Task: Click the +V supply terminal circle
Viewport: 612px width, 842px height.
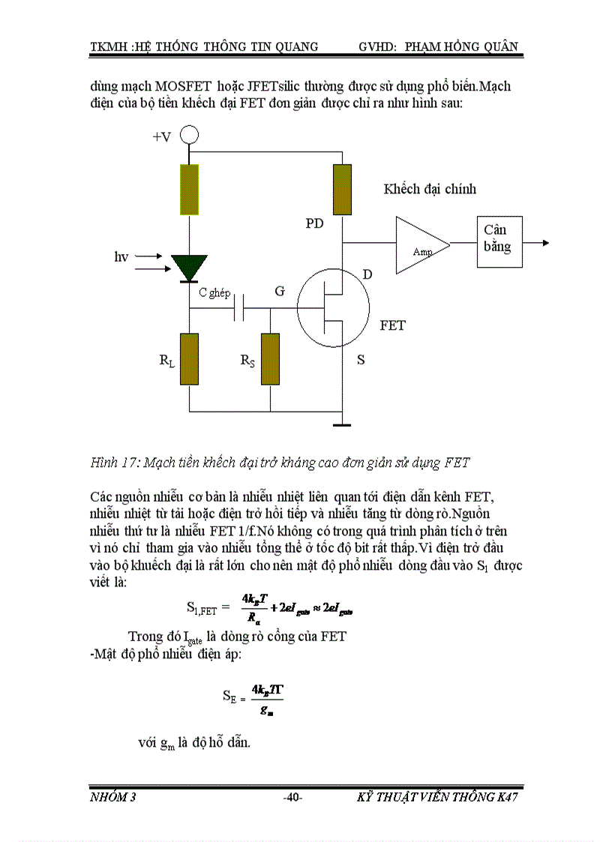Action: click(x=190, y=136)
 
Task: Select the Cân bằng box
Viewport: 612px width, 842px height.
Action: click(x=499, y=241)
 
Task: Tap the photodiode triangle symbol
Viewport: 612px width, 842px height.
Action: click(x=189, y=267)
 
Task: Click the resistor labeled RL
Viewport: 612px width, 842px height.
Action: click(x=190, y=359)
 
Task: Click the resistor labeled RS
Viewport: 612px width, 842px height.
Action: click(x=269, y=359)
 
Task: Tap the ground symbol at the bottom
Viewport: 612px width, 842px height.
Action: click(x=342, y=425)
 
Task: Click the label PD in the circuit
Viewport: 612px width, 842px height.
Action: click(x=314, y=223)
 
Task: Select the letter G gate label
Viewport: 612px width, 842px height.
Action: click(x=280, y=291)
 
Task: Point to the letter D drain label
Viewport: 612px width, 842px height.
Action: click(x=367, y=275)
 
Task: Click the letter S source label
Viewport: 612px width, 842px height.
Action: click(x=361, y=360)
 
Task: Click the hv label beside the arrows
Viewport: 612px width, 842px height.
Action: click(x=121, y=257)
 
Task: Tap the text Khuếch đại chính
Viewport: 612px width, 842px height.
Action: click(x=430, y=189)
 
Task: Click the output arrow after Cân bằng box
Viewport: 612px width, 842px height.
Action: click(x=538, y=242)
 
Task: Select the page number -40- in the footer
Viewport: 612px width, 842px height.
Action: click(x=292, y=797)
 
